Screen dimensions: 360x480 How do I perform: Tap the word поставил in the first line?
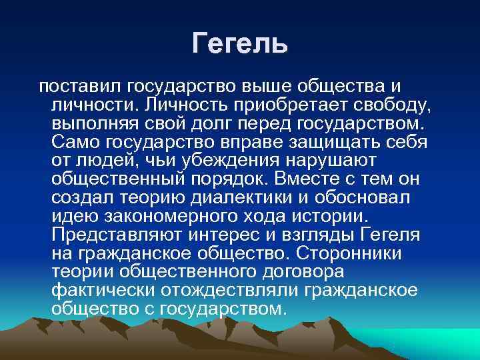pyautogui.click(x=81, y=87)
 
